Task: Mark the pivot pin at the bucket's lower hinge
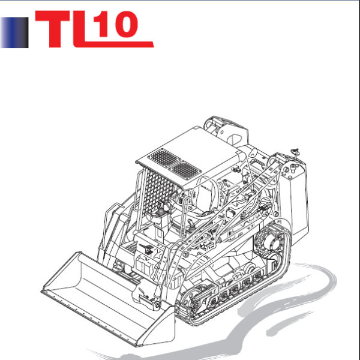(155, 307)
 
